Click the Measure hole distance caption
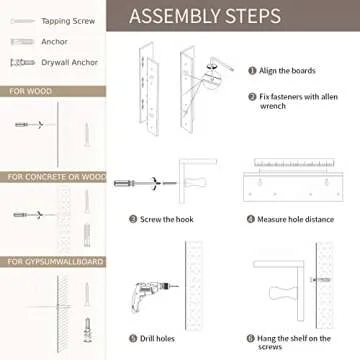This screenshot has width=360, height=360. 295,218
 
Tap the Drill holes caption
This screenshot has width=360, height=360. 165,338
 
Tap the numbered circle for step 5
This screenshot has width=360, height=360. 133,338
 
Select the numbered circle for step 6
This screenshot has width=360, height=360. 252,338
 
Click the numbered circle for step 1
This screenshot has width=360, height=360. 252,70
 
